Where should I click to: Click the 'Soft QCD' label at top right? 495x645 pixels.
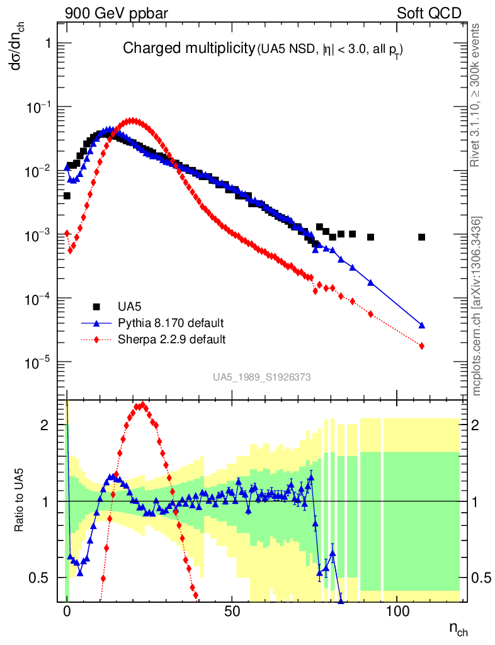(x=429, y=13)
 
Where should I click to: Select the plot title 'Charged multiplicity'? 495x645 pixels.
(x=188, y=49)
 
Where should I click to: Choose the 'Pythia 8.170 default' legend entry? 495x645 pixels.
(x=171, y=323)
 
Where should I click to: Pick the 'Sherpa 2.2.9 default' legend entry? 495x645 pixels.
(x=172, y=340)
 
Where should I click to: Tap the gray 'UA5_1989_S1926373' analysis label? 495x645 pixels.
(x=261, y=377)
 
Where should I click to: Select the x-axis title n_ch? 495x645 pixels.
(x=458, y=629)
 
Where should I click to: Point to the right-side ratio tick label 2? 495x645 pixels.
(x=477, y=425)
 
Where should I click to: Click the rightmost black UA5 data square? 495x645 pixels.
(x=421, y=237)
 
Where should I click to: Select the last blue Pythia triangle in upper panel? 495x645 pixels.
(x=421, y=326)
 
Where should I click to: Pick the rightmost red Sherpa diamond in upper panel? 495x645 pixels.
(x=421, y=346)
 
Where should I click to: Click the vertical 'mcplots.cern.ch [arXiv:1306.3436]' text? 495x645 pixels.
(x=477, y=306)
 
